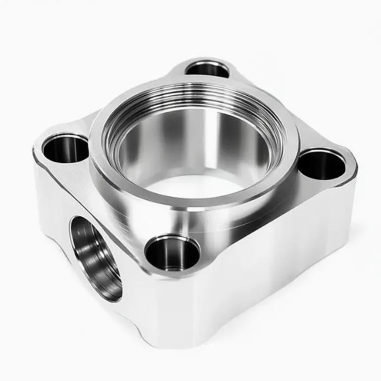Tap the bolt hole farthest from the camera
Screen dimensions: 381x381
coord(207,69)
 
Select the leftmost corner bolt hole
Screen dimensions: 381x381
coord(66,148)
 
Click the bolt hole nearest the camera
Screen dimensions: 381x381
coord(172,252)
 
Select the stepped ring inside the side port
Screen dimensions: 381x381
coord(102,267)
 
